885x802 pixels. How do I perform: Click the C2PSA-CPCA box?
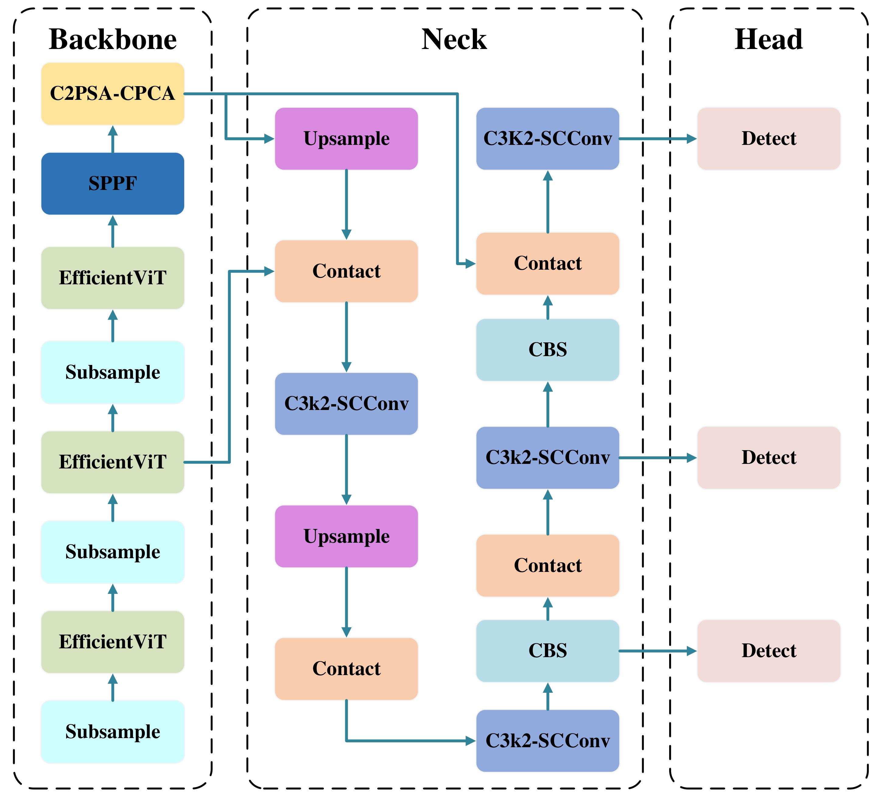point(112,93)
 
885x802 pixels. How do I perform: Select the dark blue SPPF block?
point(112,184)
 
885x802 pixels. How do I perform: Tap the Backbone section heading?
point(112,40)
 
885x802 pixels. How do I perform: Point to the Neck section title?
point(454,40)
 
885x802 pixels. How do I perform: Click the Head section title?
point(769,40)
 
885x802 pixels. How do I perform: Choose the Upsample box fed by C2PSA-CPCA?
point(346,139)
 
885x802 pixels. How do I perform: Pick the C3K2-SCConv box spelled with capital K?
point(547,139)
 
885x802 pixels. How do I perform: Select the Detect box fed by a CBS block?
point(769,650)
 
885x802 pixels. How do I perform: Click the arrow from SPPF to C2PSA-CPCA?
point(113,140)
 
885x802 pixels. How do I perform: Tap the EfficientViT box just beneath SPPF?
point(112,278)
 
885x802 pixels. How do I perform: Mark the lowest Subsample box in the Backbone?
point(112,732)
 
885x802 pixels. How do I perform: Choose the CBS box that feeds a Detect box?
point(547,650)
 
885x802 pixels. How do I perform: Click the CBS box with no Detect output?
point(547,350)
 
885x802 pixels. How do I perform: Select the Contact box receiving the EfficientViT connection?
point(346,271)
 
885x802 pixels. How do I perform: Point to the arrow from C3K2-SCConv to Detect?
point(658,139)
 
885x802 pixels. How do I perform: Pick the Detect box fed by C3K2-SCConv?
point(769,139)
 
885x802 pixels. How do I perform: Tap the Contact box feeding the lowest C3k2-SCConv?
point(346,669)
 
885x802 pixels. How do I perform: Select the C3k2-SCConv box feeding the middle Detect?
point(547,457)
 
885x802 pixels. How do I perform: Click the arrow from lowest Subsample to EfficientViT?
point(113,688)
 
